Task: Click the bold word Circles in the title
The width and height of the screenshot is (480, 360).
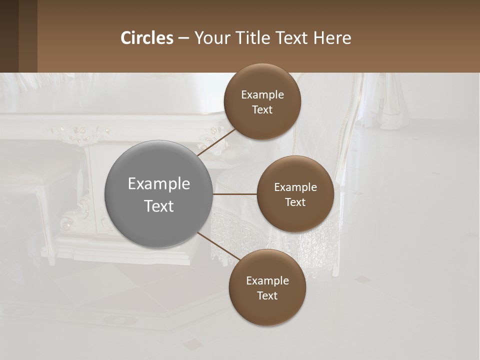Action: click(147, 38)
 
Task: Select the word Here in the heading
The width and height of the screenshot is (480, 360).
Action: click(332, 38)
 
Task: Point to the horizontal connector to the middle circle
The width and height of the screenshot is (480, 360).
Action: click(234, 194)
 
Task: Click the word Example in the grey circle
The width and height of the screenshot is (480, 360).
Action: click(158, 184)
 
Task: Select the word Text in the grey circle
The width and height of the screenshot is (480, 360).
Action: click(158, 206)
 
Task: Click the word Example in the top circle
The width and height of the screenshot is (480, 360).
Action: click(262, 95)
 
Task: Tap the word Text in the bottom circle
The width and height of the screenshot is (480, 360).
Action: click(267, 295)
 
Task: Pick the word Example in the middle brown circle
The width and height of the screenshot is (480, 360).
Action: click(295, 187)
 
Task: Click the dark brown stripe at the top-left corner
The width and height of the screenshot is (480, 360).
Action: click(9, 36)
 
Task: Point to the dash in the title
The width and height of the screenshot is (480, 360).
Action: click(183, 38)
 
